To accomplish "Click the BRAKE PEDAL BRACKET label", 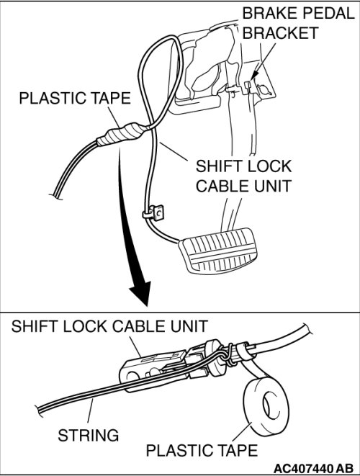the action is pos(298,23).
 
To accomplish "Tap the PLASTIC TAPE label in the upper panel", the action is pos(75,99).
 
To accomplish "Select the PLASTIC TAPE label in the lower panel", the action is pos(202,450).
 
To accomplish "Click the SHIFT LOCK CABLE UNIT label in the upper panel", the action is pos(243,176).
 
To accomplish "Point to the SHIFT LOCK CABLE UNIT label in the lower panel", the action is pos(109,326).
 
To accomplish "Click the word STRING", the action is pos(89,435).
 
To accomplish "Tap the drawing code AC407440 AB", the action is pos(313,467).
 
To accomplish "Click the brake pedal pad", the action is pos(219,251).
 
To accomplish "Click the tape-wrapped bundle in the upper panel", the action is pos(120,135).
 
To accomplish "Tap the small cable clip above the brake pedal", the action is pos(153,213).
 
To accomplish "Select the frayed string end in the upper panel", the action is pos(55,196).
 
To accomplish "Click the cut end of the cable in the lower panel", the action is pos(306,330).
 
